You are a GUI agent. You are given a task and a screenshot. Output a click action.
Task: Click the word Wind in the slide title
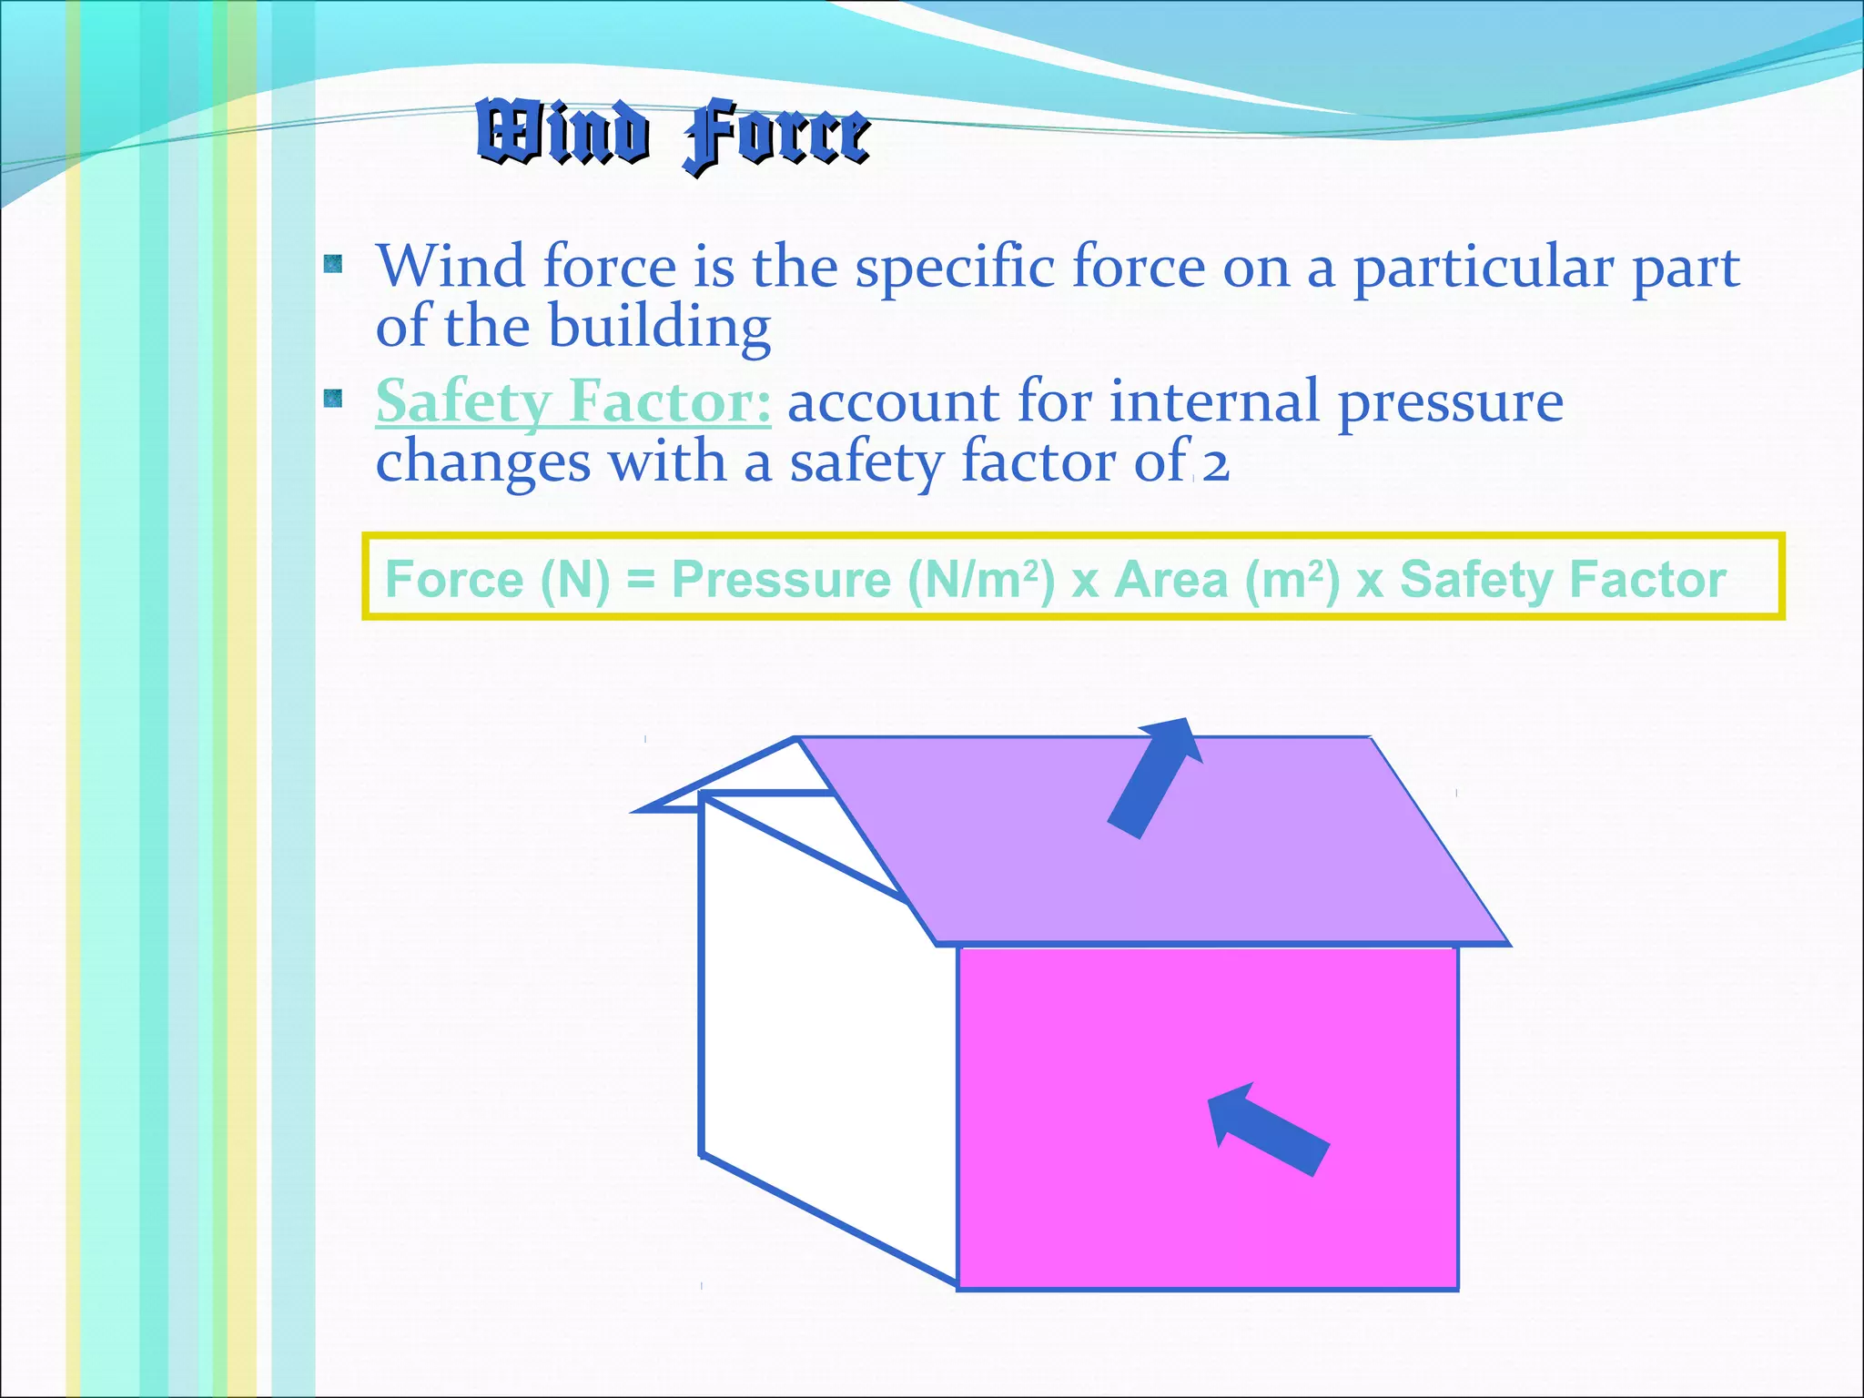(562, 133)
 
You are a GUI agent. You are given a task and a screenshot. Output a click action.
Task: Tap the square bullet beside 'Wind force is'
(333, 265)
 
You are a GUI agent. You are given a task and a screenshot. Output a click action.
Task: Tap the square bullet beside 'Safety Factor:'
(333, 399)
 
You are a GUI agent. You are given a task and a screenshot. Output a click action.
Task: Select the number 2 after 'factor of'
(1215, 464)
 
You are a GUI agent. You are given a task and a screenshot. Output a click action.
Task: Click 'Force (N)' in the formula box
(497, 579)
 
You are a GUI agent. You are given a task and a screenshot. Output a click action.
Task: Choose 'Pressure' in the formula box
(781, 579)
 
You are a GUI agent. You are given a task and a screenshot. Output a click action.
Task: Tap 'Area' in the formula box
(1171, 579)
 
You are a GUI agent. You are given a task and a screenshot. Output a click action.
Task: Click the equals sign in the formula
(641, 580)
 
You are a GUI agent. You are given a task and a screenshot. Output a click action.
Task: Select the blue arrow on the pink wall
(1267, 1129)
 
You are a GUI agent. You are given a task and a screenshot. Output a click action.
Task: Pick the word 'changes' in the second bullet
(482, 462)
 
